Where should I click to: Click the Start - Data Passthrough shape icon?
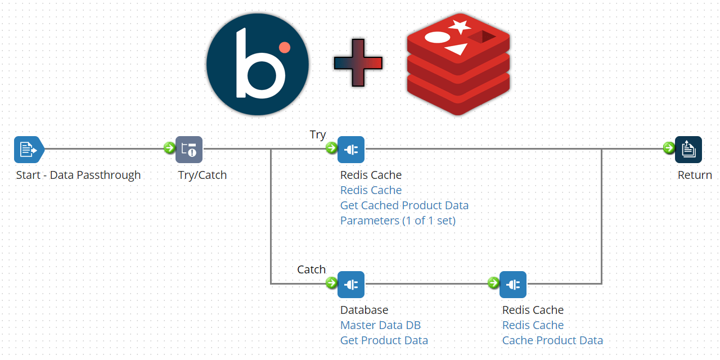(28, 149)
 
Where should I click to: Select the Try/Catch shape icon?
(189, 149)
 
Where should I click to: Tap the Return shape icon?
(688, 149)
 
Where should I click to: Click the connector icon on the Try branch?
(351, 149)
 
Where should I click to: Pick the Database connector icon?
(351, 284)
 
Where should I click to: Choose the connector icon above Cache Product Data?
(513, 284)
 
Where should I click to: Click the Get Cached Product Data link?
(404, 205)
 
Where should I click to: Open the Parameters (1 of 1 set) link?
(398, 220)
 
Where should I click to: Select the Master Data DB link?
(380, 325)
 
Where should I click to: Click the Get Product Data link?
(384, 340)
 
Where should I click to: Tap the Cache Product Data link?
(552, 340)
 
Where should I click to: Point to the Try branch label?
(318, 135)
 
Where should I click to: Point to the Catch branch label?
(312, 270)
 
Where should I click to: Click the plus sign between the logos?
(358, 63)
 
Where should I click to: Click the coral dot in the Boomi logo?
(285, 47)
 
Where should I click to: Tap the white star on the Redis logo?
(460, 26)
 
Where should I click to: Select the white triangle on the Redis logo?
(456, 49)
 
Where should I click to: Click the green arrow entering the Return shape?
(669, 148)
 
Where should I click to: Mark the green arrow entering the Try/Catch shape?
(169, 148)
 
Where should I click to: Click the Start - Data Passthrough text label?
(78, 175)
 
